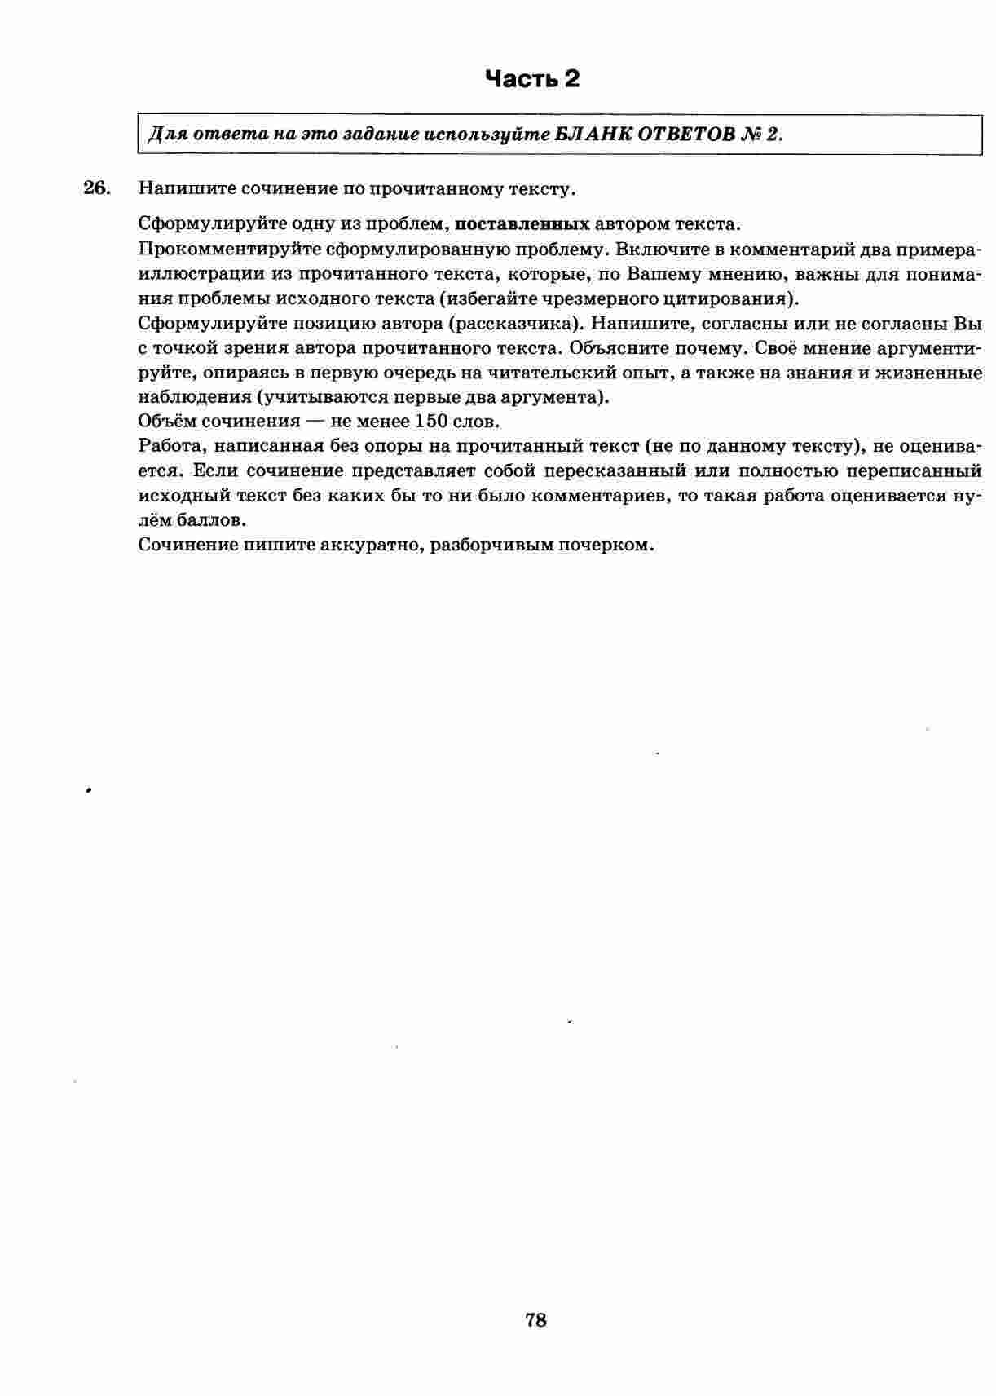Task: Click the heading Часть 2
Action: coord(532,79)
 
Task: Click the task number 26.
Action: coord(95,188)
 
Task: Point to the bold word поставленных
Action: coord(522,224)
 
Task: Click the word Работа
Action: coord(169,447)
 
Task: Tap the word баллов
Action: coord(209,521)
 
